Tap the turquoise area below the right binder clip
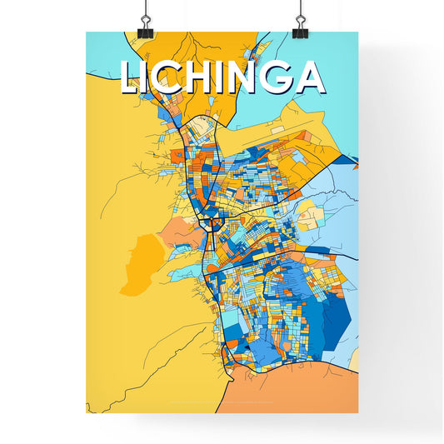coord(325,50)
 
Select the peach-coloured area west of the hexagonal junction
coord(179,229)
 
